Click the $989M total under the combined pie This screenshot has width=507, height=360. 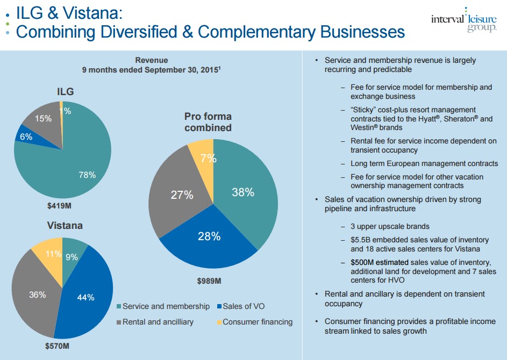tap(209, 281)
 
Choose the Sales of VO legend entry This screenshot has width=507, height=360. tap(242, 306)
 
